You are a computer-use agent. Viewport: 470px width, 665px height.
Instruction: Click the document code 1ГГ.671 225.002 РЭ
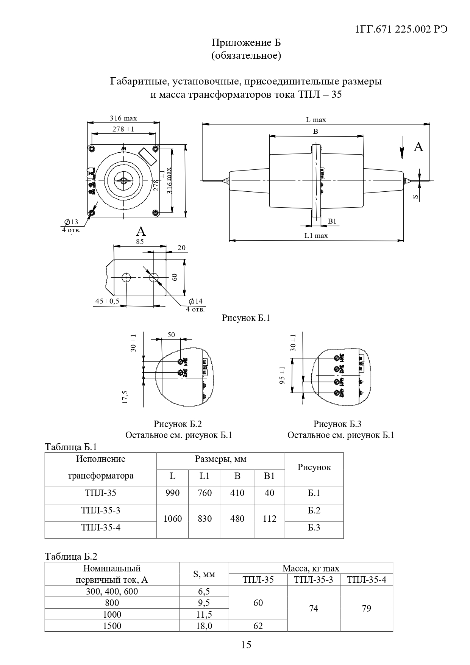click(401, 30)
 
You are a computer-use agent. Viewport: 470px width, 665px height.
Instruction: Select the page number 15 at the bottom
click(246, 645)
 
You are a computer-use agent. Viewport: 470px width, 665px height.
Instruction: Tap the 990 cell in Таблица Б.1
click(172, 493)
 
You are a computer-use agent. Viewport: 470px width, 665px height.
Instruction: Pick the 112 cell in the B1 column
click(269, 519)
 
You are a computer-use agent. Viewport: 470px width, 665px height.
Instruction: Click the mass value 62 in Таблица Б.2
click(258, 626)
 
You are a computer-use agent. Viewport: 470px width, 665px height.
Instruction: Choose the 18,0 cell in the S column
click(204, 626)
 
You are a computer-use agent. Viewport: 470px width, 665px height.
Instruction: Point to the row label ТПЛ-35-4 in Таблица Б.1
click(101, 527)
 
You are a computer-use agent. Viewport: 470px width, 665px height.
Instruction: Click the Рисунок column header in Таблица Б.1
click(314, 467)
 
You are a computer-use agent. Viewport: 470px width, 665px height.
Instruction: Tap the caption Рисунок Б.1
click(245, 318)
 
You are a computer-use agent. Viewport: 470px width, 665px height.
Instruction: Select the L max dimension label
click(316, 120)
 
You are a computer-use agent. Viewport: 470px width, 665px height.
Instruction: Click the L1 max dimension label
click(316, 236)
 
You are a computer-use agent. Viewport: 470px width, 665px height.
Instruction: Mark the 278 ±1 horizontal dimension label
click(123, 129)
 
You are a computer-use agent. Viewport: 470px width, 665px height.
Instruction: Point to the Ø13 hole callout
click(71, 222)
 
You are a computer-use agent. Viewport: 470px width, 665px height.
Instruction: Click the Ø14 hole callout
click(196, 301)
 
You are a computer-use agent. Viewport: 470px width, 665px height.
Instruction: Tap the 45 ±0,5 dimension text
click(107, 301)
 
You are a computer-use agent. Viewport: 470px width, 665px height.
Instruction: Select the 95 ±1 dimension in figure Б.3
click(282, 376)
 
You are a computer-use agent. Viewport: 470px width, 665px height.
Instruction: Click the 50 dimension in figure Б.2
click(171, 335)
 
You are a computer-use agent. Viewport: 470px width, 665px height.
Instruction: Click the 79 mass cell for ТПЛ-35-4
click(366, 609)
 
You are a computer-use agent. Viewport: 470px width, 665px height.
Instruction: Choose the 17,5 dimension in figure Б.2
click(125, 397)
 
